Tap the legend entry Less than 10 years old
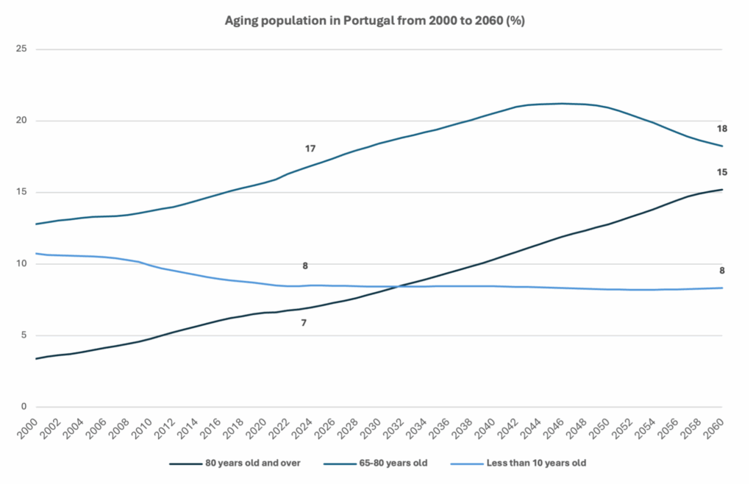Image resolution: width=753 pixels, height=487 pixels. click(536, 463)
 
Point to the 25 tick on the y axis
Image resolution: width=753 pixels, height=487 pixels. click(21, 49)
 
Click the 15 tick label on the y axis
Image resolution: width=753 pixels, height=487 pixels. click(21, 193)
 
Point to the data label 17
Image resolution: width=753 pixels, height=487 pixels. click(310, 149)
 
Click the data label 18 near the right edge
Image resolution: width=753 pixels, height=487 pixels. click(722, 129)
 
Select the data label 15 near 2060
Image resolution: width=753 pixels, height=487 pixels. click(722, 172)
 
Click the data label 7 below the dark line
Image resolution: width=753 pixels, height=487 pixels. click(304, 323)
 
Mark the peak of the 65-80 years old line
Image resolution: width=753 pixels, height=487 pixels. click(563, 104)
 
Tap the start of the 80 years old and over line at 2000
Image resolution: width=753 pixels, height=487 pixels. click(37, 358)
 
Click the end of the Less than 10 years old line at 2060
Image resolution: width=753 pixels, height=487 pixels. click(722, 288)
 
